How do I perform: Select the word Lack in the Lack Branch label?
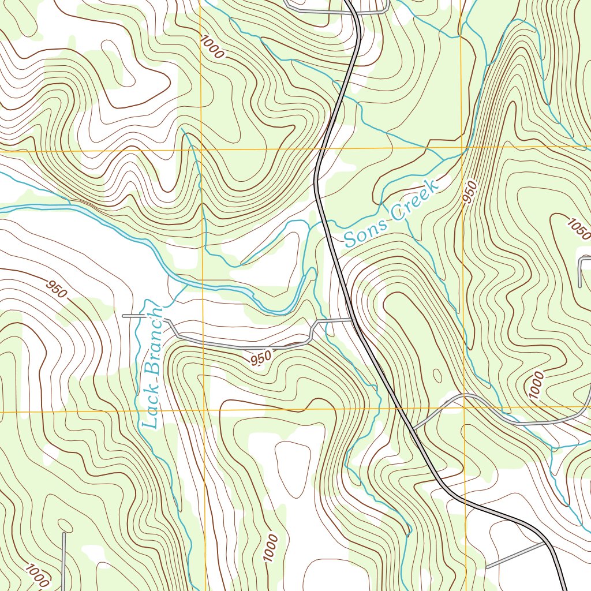click(x=152, y=410)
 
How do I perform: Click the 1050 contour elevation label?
click(x=579, y=229)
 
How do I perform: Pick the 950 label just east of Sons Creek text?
click(x=470, y=193)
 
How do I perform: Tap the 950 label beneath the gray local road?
click(x=261, y=358)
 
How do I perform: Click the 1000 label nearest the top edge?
click(x=212, y=47)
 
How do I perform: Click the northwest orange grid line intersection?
click(x=201, y=150)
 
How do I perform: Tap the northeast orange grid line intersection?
click(x=462, y=147)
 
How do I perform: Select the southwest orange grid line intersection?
click(x=205, y=412)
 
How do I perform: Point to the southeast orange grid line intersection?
click(x=464, y=408)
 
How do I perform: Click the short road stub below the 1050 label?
click(x=580, y=271)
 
